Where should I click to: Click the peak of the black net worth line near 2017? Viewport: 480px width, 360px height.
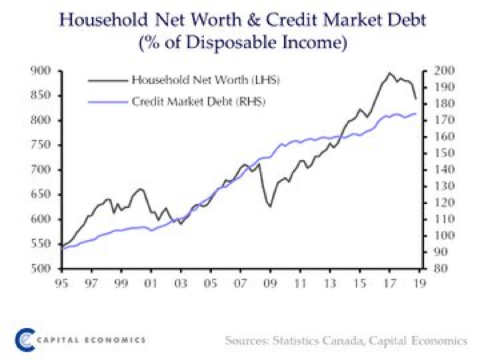click(388, 73)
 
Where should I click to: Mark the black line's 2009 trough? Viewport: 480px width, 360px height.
click(270, 207)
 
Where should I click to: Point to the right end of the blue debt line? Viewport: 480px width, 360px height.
click(417, 114)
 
